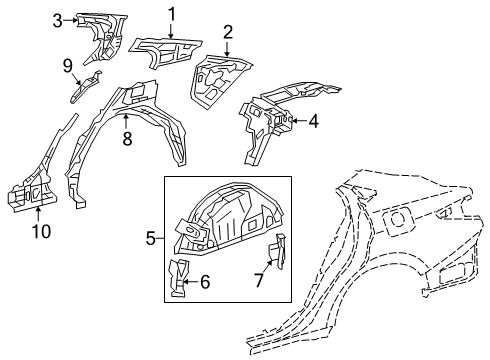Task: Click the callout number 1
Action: [x=171, y=13]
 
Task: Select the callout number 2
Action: [x=228, y=33]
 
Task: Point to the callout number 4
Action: [x=313, y=123]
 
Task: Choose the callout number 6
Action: [x=205, y=283]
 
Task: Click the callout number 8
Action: [x=126, y=140]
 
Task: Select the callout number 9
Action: [x=68, y=66]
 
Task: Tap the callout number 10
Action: [x=38, y=232]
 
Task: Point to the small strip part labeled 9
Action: [x=85, y=85]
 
